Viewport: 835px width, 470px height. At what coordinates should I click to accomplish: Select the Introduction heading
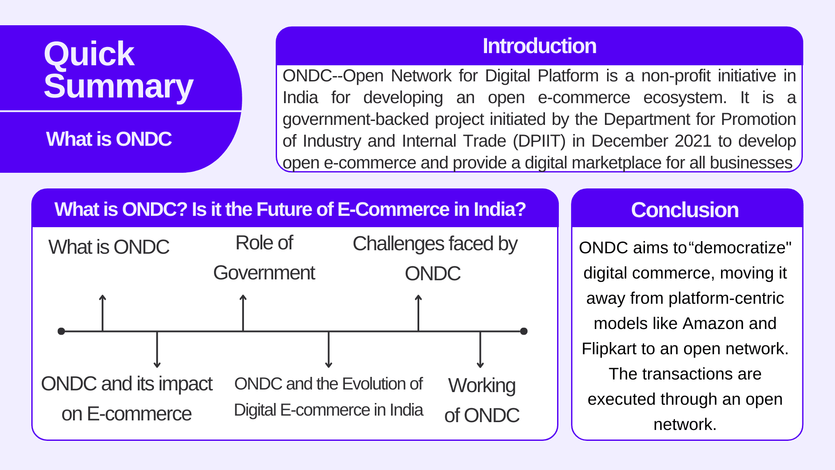click(539, 46)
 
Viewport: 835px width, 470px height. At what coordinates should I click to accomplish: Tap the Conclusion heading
click(685, 210)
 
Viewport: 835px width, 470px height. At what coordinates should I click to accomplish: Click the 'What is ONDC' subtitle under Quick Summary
click(109, 139)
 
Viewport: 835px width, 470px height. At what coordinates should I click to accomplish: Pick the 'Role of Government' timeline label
click(264, 258)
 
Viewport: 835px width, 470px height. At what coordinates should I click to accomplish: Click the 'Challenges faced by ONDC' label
click(434, 258)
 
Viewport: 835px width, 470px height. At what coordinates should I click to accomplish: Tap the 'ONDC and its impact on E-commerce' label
click(127, 399)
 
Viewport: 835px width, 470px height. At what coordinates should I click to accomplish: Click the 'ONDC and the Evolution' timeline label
click(328, 397)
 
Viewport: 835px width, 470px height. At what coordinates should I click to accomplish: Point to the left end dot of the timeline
click(61, 332)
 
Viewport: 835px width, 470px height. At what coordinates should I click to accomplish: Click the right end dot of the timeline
click(524, 332)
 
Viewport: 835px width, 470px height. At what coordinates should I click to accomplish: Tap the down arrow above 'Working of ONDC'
click(480, 350)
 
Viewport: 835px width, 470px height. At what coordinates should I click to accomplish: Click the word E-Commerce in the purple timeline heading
click(393, 210)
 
